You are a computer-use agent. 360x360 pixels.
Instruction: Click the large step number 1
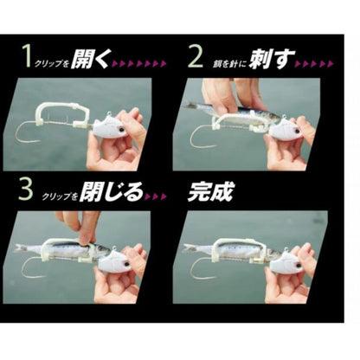click(x=29, y=56)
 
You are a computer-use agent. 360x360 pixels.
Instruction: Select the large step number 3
click(x=26, y=190)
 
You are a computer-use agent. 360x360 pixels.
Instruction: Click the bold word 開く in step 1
click(x=90, y=58)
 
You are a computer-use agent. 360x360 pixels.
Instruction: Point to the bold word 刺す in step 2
click(x=273, y=59)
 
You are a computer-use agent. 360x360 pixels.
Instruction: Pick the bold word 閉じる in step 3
click(x=112, y=192)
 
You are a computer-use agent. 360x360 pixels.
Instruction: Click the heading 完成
click(x=210, y=191)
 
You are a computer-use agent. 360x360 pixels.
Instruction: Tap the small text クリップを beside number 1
click(x=52, y=64)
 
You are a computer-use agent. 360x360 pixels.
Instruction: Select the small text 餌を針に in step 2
click(x=229, y=64)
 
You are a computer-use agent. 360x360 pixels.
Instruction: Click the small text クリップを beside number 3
click(x=60, y=196)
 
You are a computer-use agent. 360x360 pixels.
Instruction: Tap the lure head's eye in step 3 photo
click(x=127, y=264)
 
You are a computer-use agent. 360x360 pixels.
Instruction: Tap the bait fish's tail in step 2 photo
click(x=189, y=105)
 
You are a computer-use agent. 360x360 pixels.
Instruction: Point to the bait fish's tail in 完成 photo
click(x=190, y=247)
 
